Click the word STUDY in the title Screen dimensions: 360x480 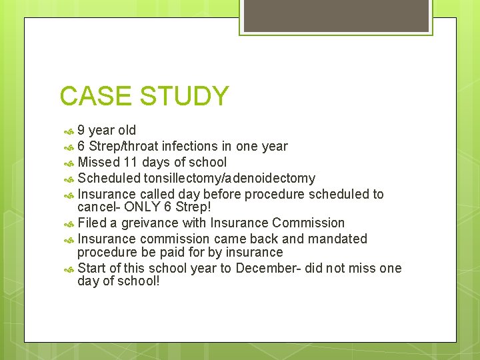(184, 97)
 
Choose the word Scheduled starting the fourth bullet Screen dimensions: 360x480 (109, 178)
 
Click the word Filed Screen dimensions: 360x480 (92, 223)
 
